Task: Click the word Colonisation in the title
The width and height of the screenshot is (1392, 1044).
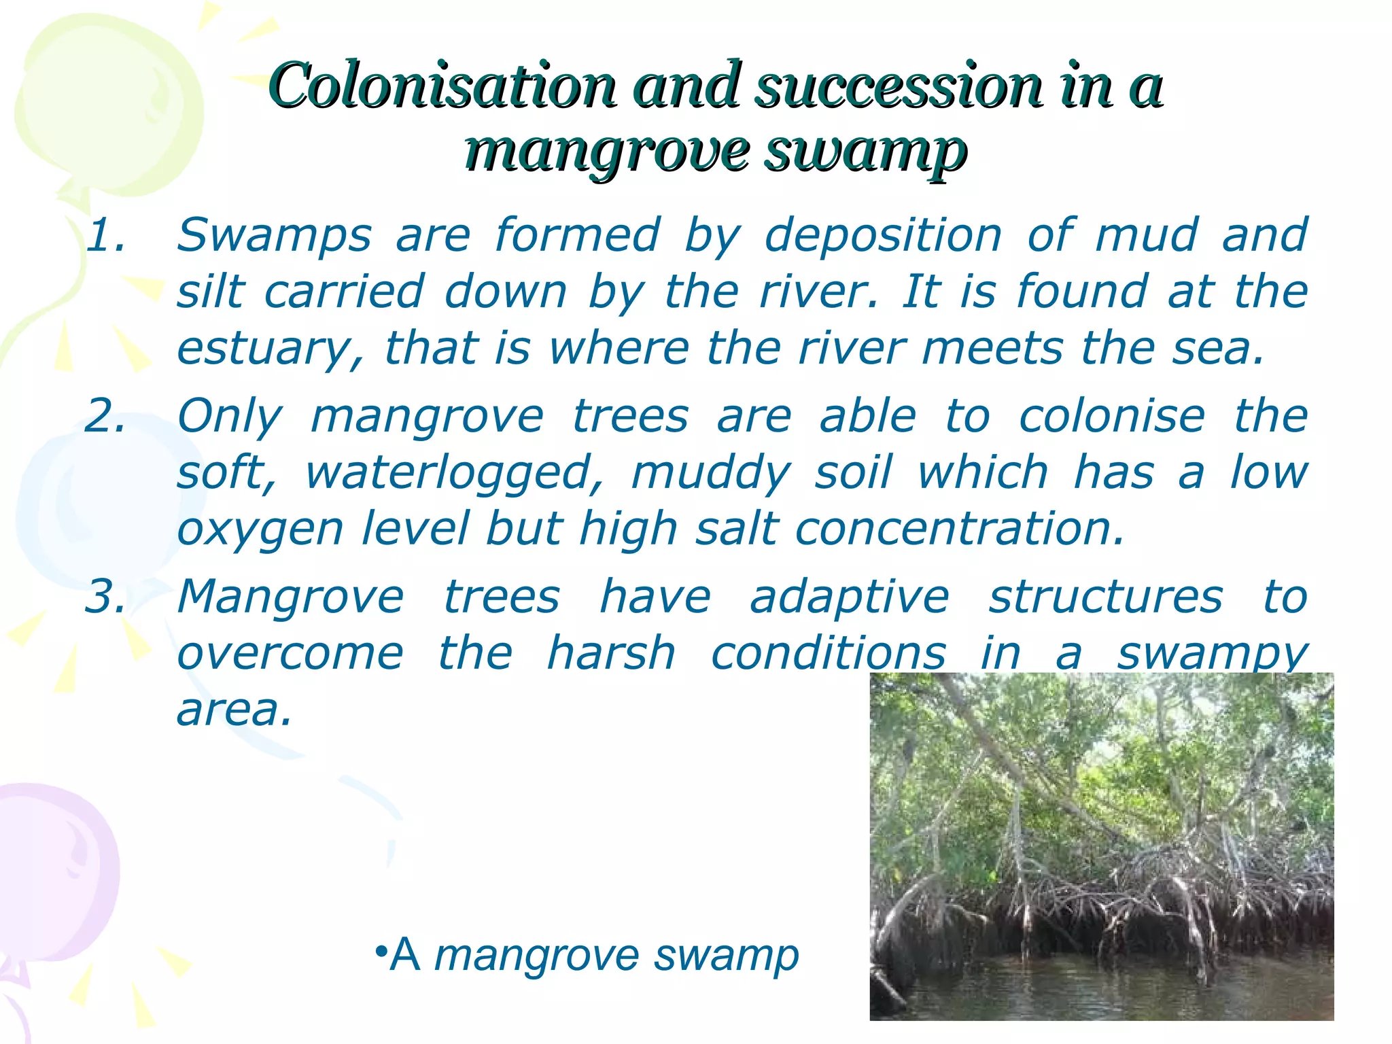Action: click(x=442, y=86)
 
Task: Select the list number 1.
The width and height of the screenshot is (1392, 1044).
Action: click(x=105, y=235)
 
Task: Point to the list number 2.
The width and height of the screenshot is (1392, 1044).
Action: click(x=105, y=415)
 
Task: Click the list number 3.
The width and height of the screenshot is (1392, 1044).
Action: click(x=105, y=597)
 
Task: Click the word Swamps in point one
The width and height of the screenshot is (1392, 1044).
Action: click(x=275, y=235)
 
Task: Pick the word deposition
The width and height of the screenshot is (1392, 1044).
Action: click(x=883, y=235)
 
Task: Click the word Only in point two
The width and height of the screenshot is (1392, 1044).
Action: click(x=229, y=415)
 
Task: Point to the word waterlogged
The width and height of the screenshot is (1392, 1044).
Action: click(x=454, y=472)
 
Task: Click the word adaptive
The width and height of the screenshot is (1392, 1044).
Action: click(x=850, y=597)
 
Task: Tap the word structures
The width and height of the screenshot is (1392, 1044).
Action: click(x=1105, y=597)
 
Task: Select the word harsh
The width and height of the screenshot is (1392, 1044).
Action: click(x=611, y=653)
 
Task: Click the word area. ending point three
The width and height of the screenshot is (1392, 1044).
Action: click(x=234, y=710)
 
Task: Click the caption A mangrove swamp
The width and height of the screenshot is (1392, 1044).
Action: click(x=587, y=955)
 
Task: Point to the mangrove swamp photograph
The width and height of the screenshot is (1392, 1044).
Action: click(x=1101, y=846)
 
